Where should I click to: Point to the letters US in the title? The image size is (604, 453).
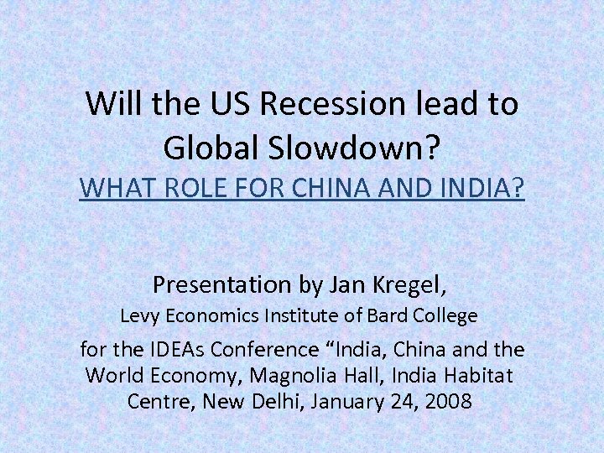[232, 105]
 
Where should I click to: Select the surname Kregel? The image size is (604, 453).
[413, 285]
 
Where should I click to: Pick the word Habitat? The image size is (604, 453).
[477, 375]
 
